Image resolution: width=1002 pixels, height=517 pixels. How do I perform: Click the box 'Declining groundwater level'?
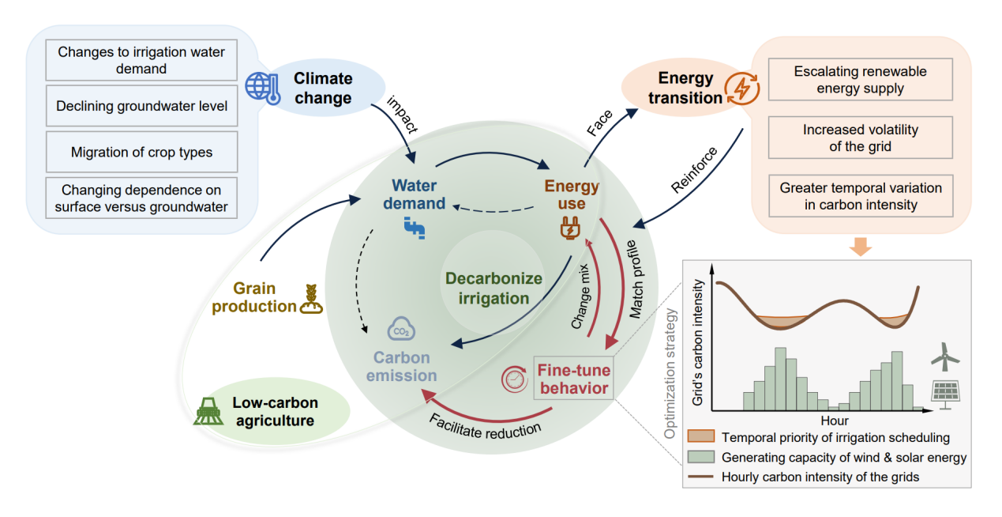pyautogui.click(x=141, y=106)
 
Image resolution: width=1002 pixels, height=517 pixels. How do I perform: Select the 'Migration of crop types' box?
pyautogui.click(x=141, y=152)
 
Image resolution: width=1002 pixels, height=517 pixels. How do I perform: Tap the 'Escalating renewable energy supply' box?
pyautogui.click(x=860, y=80)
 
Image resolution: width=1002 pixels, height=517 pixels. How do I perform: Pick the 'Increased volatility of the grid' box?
pyautogui.click(x=860, y=138)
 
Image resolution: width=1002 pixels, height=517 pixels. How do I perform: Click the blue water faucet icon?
pyautogui.click(x=415, y=229)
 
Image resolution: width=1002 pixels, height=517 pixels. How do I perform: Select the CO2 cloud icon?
pyautogui.click(x=400, y=329)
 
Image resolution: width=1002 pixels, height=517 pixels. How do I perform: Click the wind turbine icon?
pyautogui.click(x=944, y=359)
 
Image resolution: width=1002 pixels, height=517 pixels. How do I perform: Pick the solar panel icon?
pyautogui.click(x=944, y=394)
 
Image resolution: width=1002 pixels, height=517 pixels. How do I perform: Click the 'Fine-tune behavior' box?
pyautogui.click(x=573, y=378)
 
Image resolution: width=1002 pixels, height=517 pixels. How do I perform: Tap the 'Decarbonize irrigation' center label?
pyautogui.click(x=493, y=289)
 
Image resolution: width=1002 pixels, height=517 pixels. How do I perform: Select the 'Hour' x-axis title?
pyautogui.click(x=835, y=421)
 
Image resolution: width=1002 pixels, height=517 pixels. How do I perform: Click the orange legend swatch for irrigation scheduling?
pyautogui.click(x=700, y=437)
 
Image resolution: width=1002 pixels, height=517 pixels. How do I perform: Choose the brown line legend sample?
pyautogui.click(x=700, y=477)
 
